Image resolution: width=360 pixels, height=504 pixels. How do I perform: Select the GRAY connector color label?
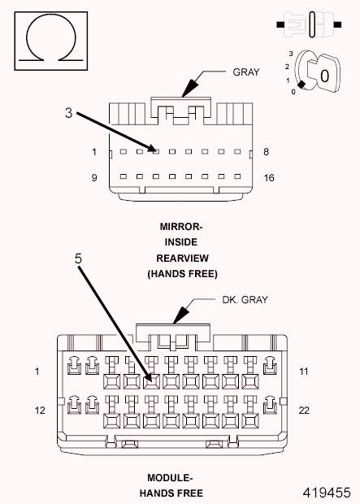tap(245, 72)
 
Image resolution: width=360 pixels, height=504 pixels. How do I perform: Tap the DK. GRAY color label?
tap(244, 299)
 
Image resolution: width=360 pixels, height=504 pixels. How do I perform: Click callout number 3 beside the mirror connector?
tap(69, 113)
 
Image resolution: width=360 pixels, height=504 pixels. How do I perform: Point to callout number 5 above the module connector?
tap(78, 259)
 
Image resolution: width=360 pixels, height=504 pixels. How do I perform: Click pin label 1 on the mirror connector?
tap(94, 152)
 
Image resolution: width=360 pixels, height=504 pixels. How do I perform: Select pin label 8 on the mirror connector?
tap(265, 152)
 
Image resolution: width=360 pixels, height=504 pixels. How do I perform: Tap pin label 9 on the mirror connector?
tap(94, 176)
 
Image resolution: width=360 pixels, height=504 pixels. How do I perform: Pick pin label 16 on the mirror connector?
tap(269, 176)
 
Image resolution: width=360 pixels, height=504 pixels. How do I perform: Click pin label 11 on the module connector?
tap(304, 371)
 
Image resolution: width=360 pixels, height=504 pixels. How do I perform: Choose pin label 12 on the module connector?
tap(40, 411)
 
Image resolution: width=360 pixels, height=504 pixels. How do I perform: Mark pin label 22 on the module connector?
tap(304, 411)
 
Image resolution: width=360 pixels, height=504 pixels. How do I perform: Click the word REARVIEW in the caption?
tap(182, 258)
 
